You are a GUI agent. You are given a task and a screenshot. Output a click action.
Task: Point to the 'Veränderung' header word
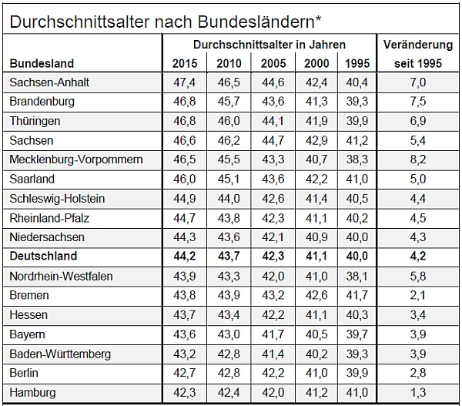(417, 45)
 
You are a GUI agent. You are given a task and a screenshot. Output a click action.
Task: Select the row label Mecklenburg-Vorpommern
(77, 159)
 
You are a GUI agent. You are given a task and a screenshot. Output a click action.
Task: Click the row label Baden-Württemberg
(60, 354)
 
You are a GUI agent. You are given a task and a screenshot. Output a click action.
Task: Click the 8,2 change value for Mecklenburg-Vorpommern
(417, 159)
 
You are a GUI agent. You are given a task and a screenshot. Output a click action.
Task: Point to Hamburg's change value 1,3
(417, 393)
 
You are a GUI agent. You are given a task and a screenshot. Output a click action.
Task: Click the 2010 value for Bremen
(227, 296)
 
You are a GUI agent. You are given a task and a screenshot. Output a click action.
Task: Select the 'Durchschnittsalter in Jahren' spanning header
(269, 45)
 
